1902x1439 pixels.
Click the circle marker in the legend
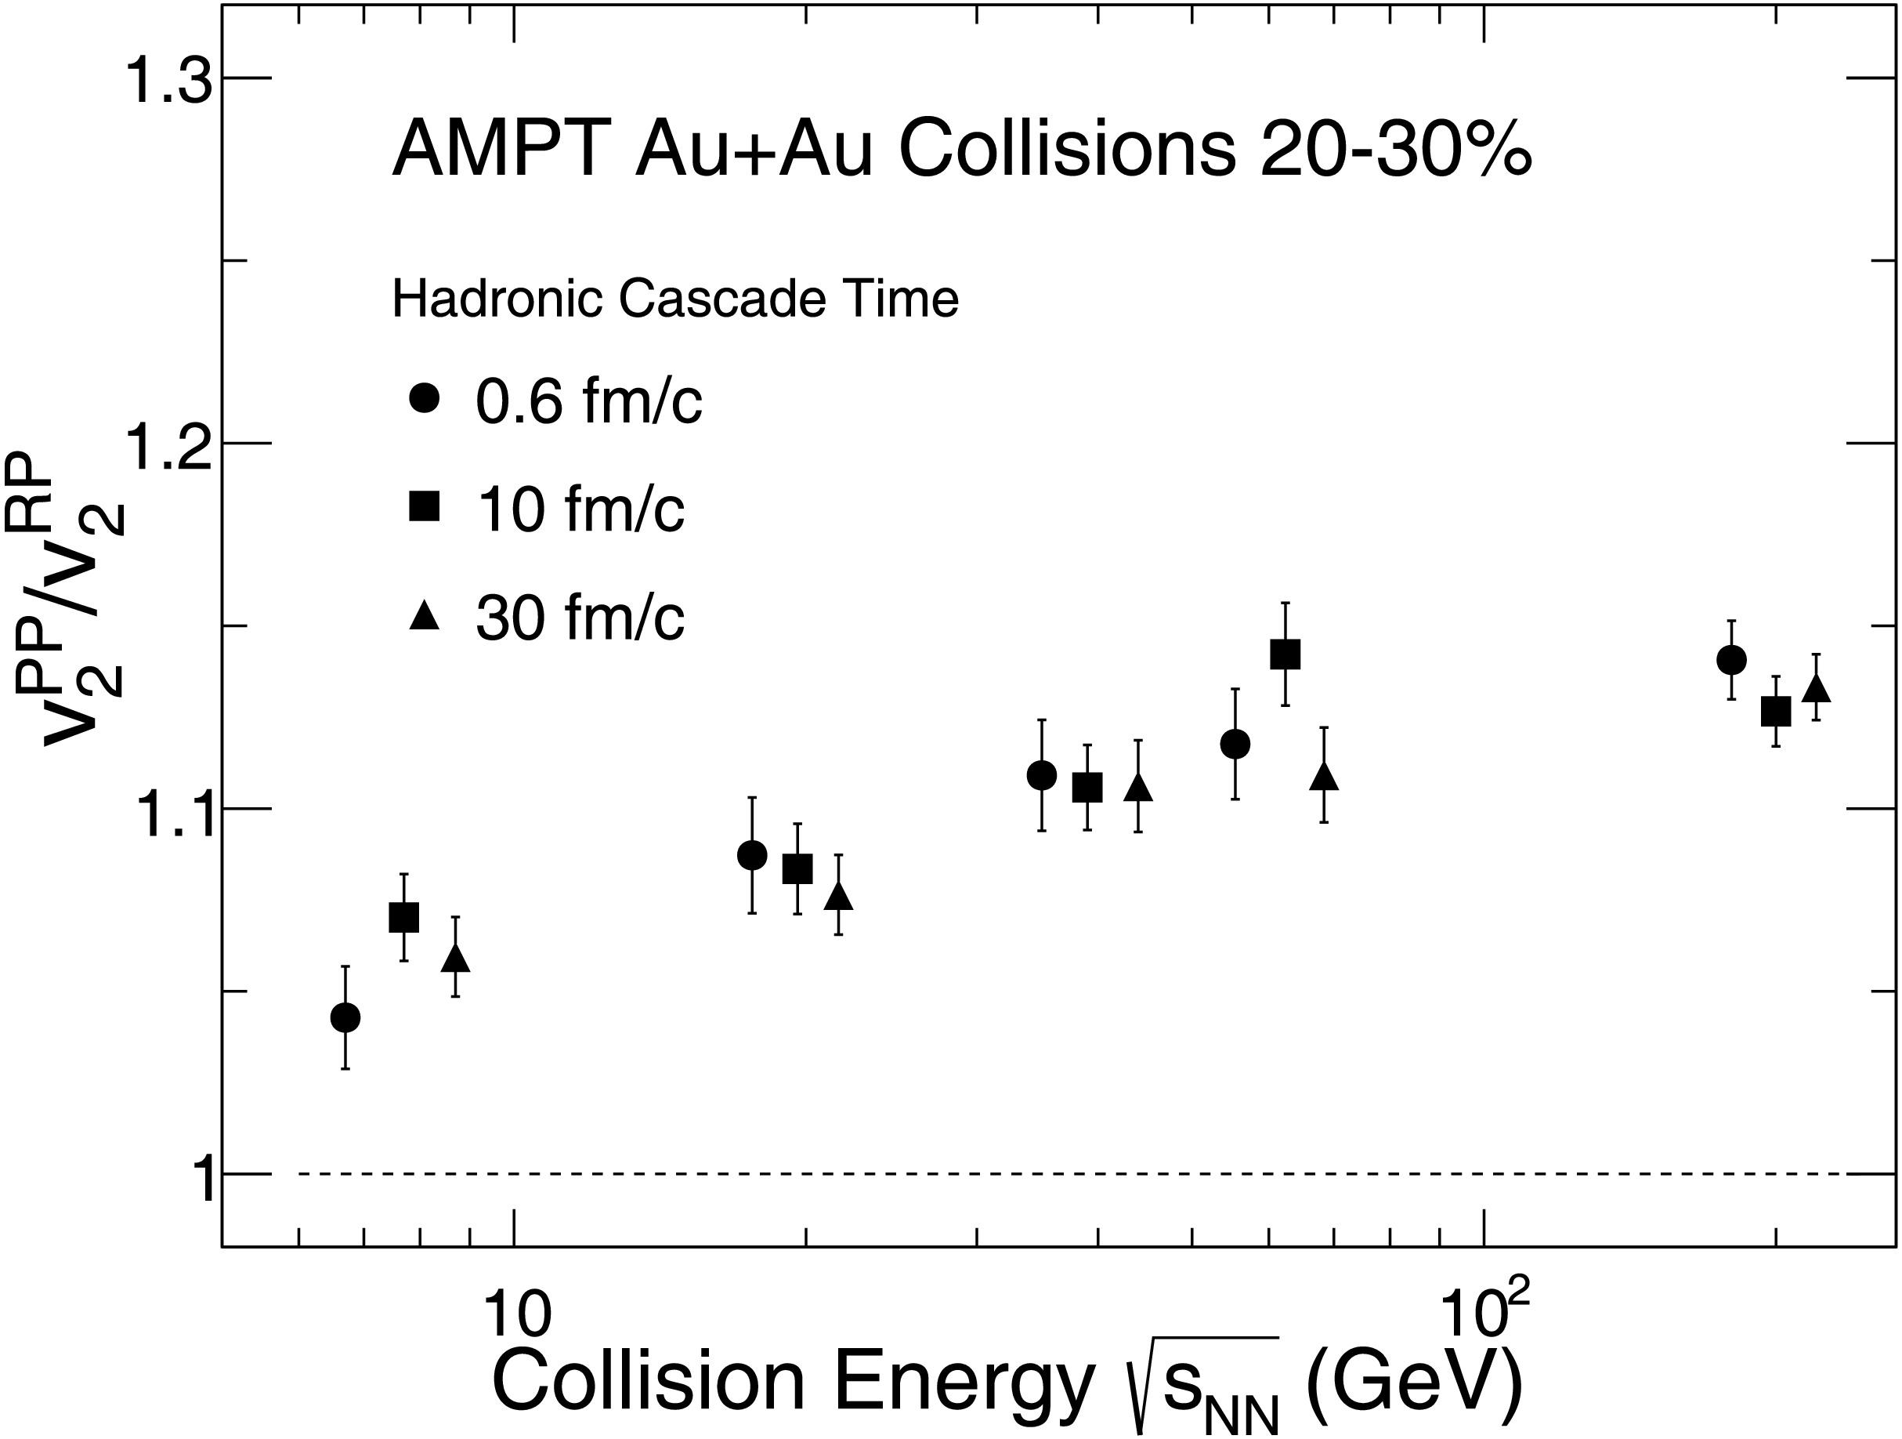[425, 398]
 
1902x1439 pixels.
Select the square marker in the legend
[425, 506]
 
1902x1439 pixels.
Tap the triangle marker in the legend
[425, 616]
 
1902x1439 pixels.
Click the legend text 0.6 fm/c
[589, 401]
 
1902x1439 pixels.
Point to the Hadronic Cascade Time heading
[675, 299]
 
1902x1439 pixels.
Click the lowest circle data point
[345, 1017]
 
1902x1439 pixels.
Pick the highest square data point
[1285, 654]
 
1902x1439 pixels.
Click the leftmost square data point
[404, 917]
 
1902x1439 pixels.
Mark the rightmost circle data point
[1732, 660]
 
